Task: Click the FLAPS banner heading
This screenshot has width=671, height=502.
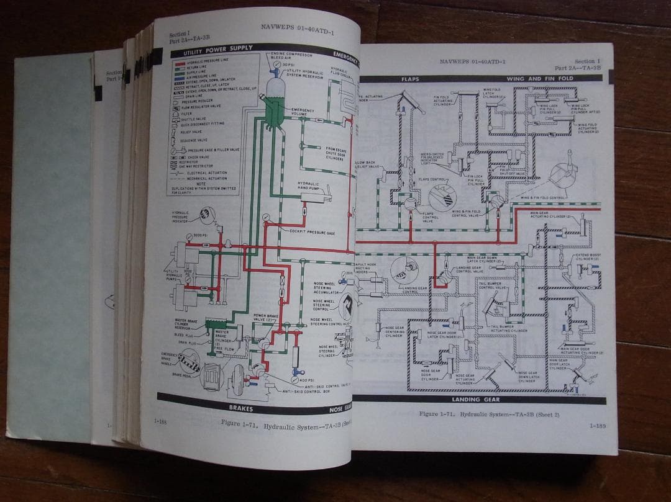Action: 411,79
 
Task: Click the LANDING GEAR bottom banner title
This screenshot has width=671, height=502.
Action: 473,400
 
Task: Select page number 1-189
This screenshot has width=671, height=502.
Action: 598,426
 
